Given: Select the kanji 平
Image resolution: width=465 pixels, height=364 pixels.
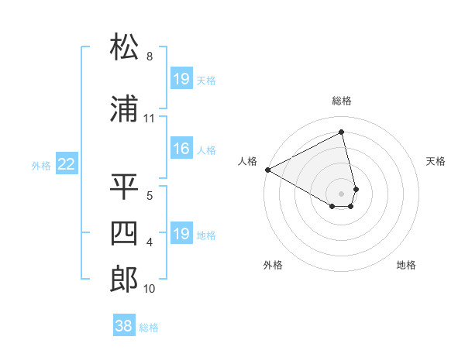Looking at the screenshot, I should pos(124,187).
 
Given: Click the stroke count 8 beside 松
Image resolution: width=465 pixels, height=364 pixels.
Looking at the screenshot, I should pos(150,57).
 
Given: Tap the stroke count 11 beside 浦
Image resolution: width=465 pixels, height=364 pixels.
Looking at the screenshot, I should pos(150,118).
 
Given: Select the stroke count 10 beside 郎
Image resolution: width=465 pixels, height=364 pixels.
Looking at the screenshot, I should pos(150,289).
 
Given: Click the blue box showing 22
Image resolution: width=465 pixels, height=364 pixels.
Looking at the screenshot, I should pos(67,164).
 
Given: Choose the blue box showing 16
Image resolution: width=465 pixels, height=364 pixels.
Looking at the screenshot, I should pos(181,149).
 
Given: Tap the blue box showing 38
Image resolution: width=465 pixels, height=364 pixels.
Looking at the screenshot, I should pos(123,326).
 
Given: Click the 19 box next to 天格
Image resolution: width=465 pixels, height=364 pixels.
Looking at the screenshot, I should pos(181,79).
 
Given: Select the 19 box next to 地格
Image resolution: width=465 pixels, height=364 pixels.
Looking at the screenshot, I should pos(181,234).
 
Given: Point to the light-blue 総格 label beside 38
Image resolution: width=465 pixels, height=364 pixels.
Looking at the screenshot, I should pos(149,328).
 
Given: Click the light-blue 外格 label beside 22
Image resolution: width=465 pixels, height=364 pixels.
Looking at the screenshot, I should pos(41,165).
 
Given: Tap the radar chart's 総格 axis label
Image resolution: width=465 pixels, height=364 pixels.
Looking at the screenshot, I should pos(342,101).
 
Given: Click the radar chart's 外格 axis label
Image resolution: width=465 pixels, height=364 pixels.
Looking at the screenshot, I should pos(273,265).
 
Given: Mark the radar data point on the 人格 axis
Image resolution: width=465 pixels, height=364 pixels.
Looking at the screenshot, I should pos(267,169).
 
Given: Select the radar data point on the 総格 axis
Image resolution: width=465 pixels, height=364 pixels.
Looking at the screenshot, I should pos(342,132).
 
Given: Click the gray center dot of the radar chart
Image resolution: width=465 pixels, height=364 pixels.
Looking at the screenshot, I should pos(342,192).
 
